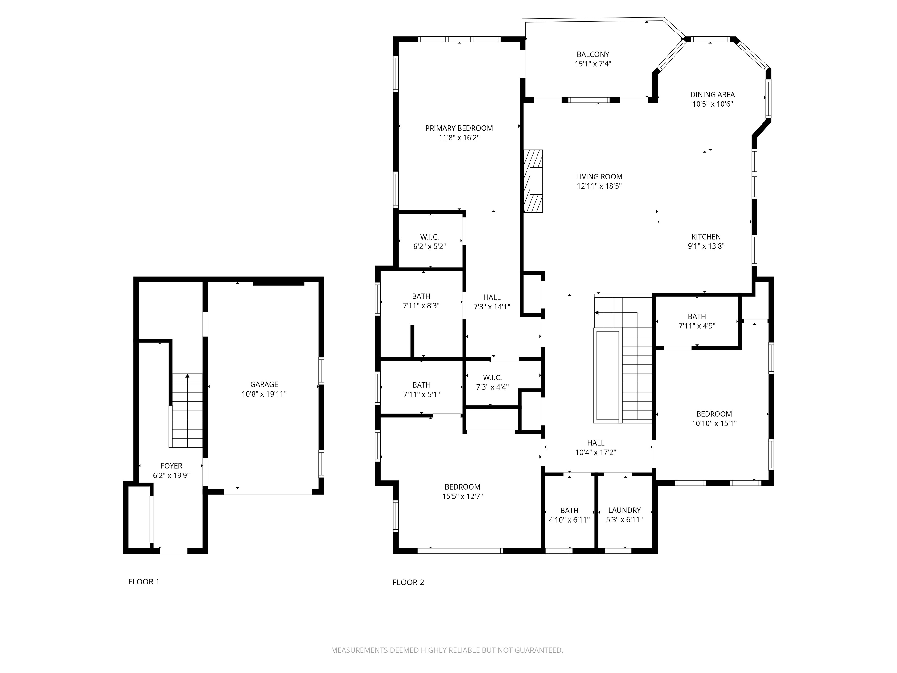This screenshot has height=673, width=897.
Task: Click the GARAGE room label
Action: point(264,384)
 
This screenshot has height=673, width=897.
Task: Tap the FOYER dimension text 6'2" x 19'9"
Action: point(171,476)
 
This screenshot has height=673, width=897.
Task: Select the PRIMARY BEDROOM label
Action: point(459,128)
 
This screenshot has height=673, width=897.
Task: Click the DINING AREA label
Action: point(712,94)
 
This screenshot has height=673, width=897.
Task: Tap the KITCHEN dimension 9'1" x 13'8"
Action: point(706,246)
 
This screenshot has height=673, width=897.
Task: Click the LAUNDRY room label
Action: point(624,510)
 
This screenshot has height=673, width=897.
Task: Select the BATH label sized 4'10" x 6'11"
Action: point(569,510)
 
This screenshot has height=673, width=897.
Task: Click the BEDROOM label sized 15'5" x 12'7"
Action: point(462,487)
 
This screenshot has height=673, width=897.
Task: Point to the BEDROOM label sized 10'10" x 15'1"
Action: point(714,414)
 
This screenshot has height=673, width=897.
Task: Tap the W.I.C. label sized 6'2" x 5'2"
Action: point(429,237)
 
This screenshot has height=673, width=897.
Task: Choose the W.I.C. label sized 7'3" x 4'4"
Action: point(492,378)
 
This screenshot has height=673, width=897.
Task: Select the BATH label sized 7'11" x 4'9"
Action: point(697,316)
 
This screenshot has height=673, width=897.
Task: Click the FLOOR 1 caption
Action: point(144,582)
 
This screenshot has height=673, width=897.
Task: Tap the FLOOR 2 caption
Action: point(408,583)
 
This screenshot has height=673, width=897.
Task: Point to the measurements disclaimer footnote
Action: point(447,650)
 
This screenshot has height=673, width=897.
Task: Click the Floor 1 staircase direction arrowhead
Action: point(187,376)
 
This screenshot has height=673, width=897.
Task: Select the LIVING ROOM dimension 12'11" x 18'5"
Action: point(599,186)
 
